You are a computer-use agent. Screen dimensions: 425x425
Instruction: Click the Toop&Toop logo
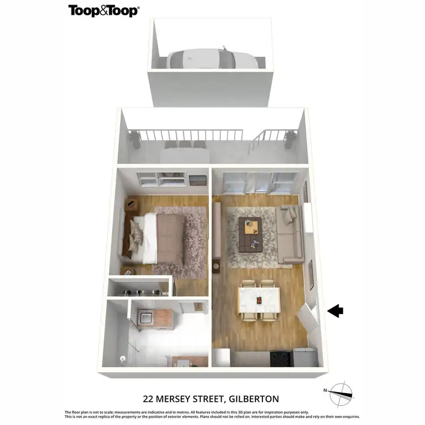coord(104,10)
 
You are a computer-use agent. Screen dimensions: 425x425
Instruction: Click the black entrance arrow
coord(336,311)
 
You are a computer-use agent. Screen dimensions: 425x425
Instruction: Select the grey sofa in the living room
coord(290,235)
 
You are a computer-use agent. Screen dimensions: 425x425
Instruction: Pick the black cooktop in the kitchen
coord(280,359)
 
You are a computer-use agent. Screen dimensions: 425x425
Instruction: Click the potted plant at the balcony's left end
coord(135,138)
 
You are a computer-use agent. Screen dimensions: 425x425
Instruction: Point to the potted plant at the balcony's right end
coord(291,138)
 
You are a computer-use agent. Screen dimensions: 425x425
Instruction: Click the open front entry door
coord(311,317)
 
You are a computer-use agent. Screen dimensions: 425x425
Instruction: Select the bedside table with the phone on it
coord(130,205)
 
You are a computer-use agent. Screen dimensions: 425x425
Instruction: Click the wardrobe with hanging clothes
coord(140,287)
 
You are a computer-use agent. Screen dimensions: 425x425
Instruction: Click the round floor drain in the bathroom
coord(122,358)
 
